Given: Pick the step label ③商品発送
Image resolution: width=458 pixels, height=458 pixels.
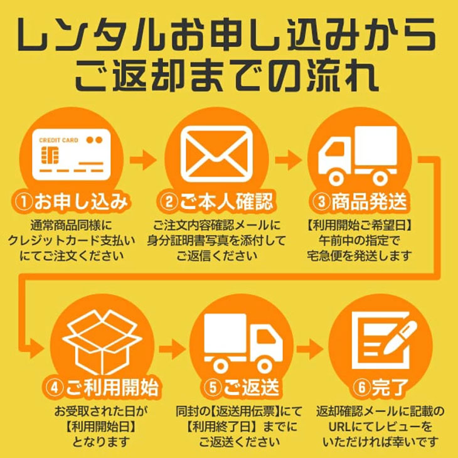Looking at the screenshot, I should tap(360, 202).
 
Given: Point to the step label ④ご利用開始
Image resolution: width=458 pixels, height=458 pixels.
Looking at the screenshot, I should tap(100, 388).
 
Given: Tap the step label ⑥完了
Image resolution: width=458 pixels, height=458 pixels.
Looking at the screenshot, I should tap(380, 388).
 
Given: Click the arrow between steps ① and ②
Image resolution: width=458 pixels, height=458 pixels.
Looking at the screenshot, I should tap(146, 159).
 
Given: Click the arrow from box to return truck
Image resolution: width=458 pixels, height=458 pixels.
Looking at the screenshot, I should tap(171, 347).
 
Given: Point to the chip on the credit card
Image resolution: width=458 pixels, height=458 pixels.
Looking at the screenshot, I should tap(50, 156).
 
